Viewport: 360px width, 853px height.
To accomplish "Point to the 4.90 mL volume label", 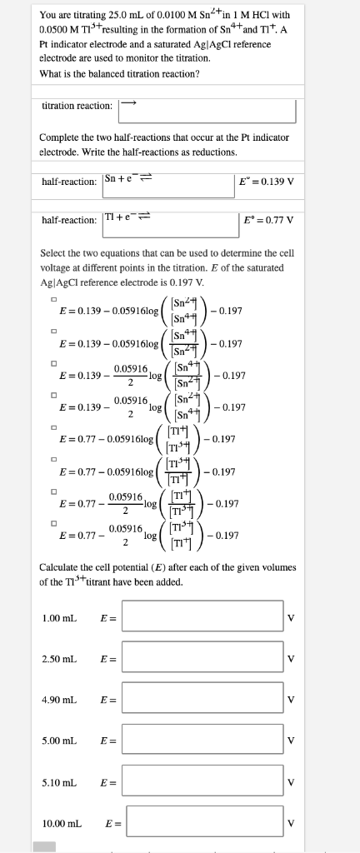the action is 59,700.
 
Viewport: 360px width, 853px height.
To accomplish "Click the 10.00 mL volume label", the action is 62,824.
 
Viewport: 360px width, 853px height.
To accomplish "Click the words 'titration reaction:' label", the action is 77,106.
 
